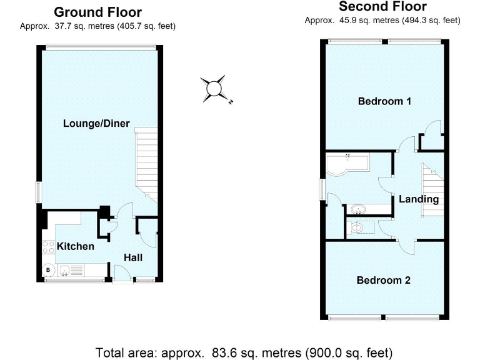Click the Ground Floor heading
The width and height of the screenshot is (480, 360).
pos(97,12)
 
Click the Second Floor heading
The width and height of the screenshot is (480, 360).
pos(382,7)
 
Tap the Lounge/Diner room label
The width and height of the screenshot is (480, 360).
pos(96,124)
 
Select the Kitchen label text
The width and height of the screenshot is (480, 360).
pos(76,246)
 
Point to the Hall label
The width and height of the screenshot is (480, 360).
pos(132,257)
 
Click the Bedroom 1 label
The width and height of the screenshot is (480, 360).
pos(384,101)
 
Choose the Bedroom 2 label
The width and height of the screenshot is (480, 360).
pos(383,280)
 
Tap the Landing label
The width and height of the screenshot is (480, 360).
pos(419,199)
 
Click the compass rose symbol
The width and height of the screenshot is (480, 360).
pos(214,88)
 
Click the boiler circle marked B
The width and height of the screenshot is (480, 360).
pos(47,271)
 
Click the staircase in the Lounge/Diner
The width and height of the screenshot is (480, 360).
pos(146,162)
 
